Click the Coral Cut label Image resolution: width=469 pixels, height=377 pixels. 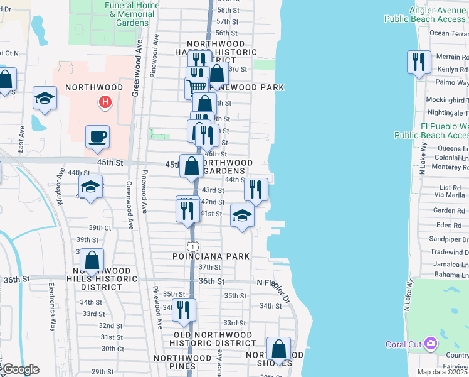(403, 344)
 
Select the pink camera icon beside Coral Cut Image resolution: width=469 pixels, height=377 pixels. (430, 344)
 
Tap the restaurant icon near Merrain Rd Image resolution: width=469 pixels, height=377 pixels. (418, 62)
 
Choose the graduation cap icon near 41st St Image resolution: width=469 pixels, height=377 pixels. (242, 216)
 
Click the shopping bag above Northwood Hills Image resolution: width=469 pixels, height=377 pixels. (92, 260)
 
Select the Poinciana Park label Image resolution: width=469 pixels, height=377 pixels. (211, 256)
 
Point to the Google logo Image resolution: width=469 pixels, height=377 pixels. (20, 369)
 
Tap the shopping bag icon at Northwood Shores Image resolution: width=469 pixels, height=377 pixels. (278, 349)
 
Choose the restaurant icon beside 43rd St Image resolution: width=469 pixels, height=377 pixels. (255, 189)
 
